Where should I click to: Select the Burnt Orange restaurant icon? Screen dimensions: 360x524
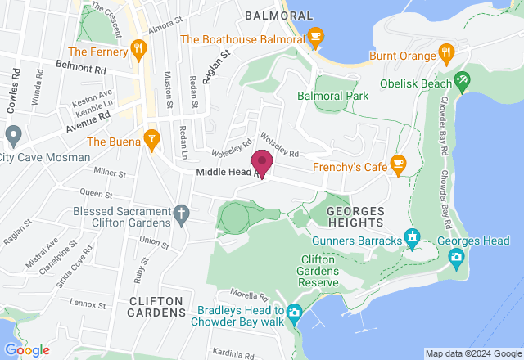click(x=445, y=55)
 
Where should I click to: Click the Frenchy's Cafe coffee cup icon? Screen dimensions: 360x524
click(x=399, y=165)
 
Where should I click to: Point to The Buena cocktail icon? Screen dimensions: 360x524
click(x=151, y=140)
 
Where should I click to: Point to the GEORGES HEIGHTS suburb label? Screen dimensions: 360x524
click(x=355, y=216)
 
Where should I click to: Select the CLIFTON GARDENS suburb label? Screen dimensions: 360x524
click(x=157, y=307)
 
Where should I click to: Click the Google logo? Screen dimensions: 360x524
click(x=26, y=349)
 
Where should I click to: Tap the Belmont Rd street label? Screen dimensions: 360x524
click(x=82, y=64)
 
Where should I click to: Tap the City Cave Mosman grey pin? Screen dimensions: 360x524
click(x=11, y=134)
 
